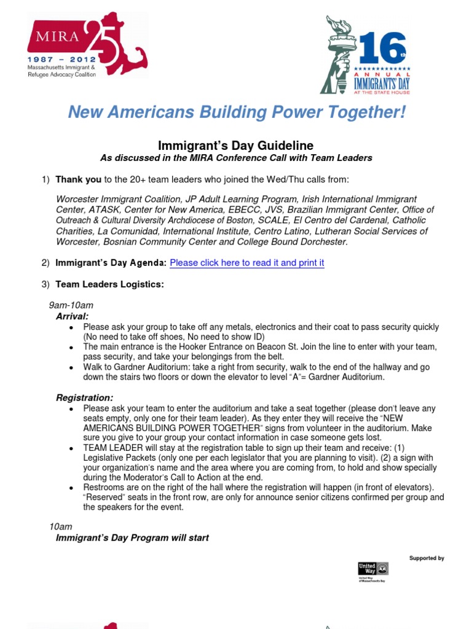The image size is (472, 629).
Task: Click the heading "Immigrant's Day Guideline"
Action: click(236, 146)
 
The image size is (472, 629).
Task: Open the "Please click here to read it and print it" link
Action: click(246, 263)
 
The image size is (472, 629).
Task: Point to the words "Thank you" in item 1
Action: click(79, 179)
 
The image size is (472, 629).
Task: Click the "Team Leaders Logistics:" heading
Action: click(109, 285)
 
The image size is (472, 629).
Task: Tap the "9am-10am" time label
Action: click(71, 305)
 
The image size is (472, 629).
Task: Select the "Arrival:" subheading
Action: click(73, 316)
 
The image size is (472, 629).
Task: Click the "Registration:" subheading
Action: click(84, 398)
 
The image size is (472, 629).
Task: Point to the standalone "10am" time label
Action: click(60, 527)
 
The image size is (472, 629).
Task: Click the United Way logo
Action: click(373, 569)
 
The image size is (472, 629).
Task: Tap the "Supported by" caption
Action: click(427, 558)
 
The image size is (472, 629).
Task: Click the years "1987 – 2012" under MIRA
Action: click(63, 56)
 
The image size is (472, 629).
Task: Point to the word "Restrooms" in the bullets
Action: click(104, 487)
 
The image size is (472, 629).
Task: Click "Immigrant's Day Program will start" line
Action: click(132, 537)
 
